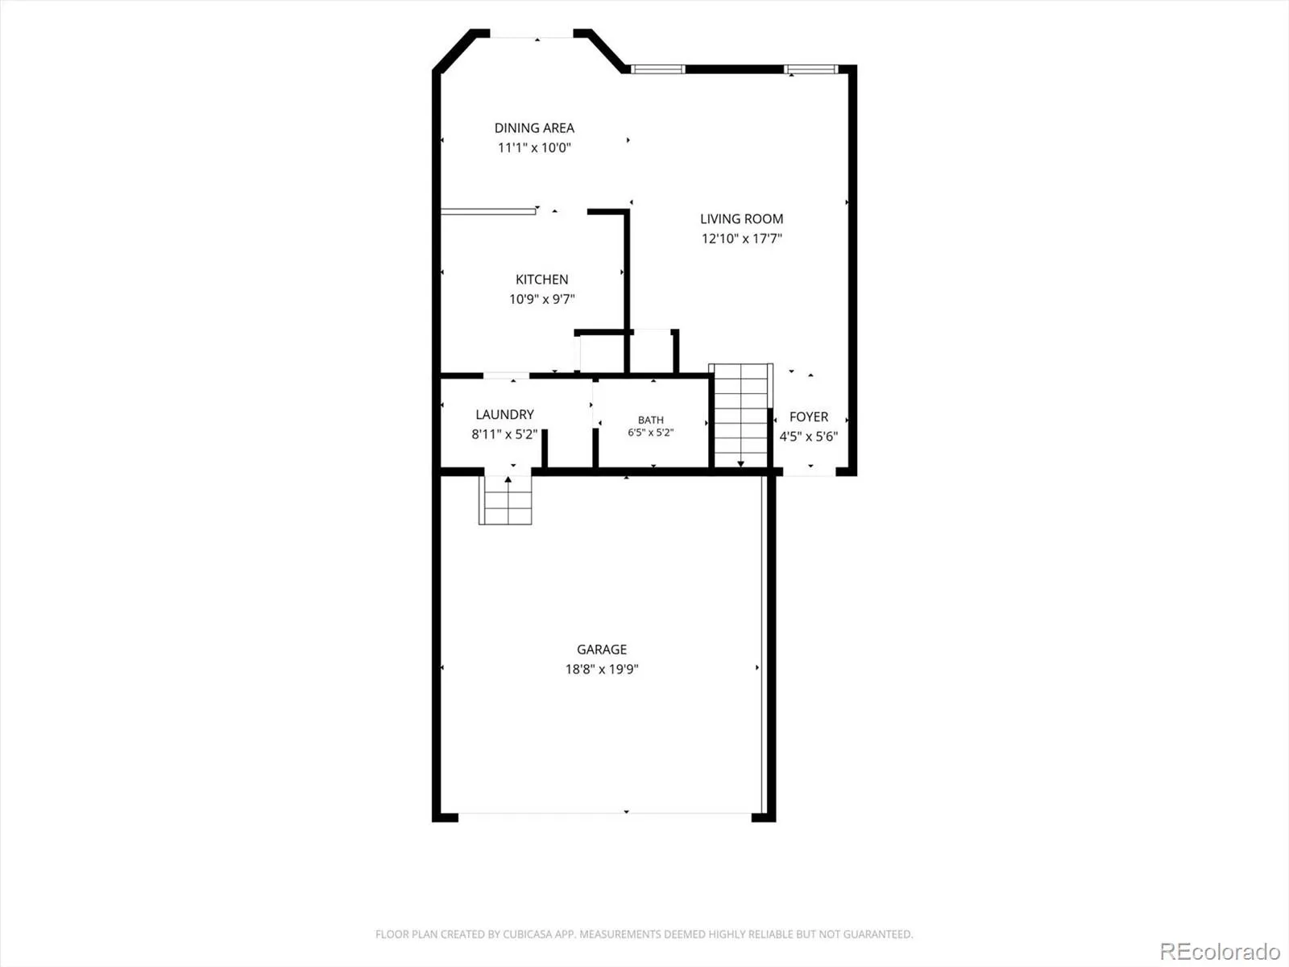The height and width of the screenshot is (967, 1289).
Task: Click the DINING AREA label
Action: (x=534, y=128)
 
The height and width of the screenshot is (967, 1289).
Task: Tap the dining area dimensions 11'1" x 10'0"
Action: (x=534, y=147)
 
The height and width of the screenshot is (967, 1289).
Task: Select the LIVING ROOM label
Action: (x=741, y=219)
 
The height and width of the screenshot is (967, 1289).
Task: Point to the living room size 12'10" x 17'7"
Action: (x=742, y=239)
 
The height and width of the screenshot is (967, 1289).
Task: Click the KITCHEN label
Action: (x=541, y=280)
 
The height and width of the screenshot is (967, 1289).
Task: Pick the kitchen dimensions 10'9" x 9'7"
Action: (x=541, y=299)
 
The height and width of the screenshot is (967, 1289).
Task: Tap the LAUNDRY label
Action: (x=504, y=414)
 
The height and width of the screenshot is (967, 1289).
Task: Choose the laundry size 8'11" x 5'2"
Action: (x=504, y=434)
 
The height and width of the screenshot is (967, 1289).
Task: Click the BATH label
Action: (x=651, y=420)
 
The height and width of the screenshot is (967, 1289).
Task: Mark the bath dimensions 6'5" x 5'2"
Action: (x=651, y=433)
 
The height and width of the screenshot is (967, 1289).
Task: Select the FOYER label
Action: (x=809, y=417)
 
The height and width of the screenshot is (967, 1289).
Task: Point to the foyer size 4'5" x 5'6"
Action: (x=809, y=436)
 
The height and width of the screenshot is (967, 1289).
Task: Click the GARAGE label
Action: (x=601, y=650)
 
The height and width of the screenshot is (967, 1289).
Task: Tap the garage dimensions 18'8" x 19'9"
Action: (x=601, y=669)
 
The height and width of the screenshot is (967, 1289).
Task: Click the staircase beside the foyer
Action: (x=740, y=416)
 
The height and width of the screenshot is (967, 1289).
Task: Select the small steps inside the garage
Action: (x=506, y=500)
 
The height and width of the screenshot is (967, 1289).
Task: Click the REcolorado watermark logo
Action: (x=1220, y=951)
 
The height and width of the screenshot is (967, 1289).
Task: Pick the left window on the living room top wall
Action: (x=657, y=69)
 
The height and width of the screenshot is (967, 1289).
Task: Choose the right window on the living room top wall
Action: (x=811, y=69)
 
